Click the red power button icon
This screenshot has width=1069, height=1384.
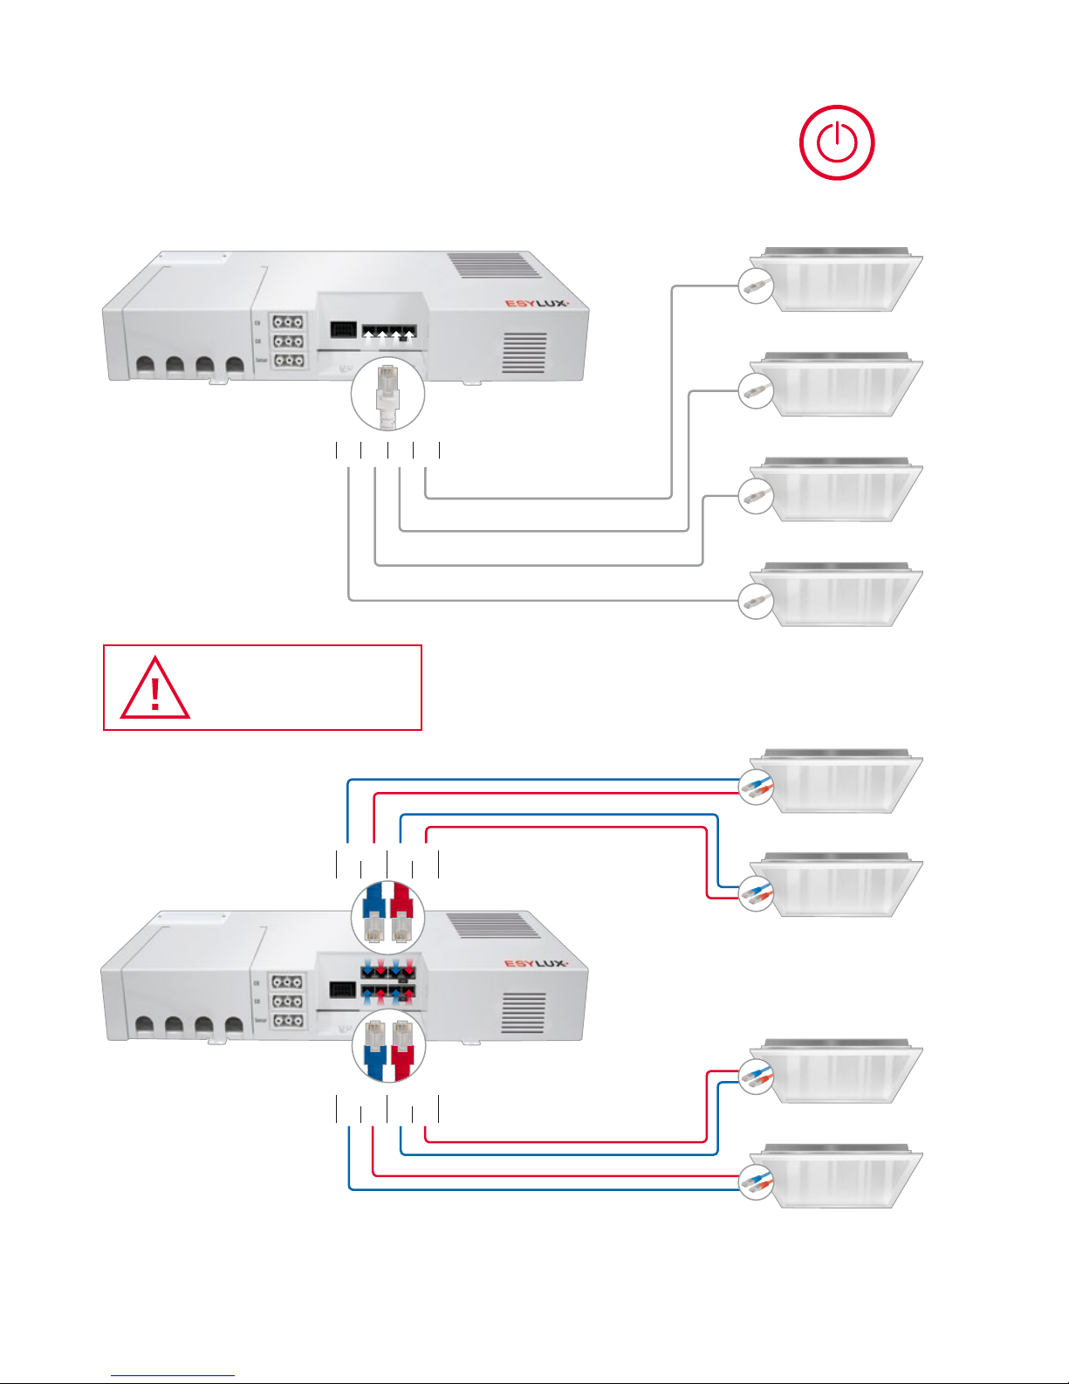coord(837,142)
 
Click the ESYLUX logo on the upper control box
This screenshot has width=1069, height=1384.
coord(537,304)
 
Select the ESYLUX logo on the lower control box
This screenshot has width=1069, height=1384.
coord(536,963)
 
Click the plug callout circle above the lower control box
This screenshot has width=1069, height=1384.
coord(387,917)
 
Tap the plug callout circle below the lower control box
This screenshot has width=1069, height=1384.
coord(387,1046)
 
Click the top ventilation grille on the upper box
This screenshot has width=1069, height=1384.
coord(494,265)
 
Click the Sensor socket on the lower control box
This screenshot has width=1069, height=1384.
coord(287,1020)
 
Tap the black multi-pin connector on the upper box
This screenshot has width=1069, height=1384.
coord(343,331)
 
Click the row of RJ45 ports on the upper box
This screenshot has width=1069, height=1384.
coord(389,332)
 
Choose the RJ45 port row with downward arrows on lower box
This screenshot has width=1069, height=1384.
coord(388,970)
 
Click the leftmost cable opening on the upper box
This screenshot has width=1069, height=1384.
coord(144,367)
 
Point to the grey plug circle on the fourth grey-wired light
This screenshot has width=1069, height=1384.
coord(756,601)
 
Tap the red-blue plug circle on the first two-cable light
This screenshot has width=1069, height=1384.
coord(756,787)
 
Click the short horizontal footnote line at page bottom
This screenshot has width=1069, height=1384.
coord(173,1375)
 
